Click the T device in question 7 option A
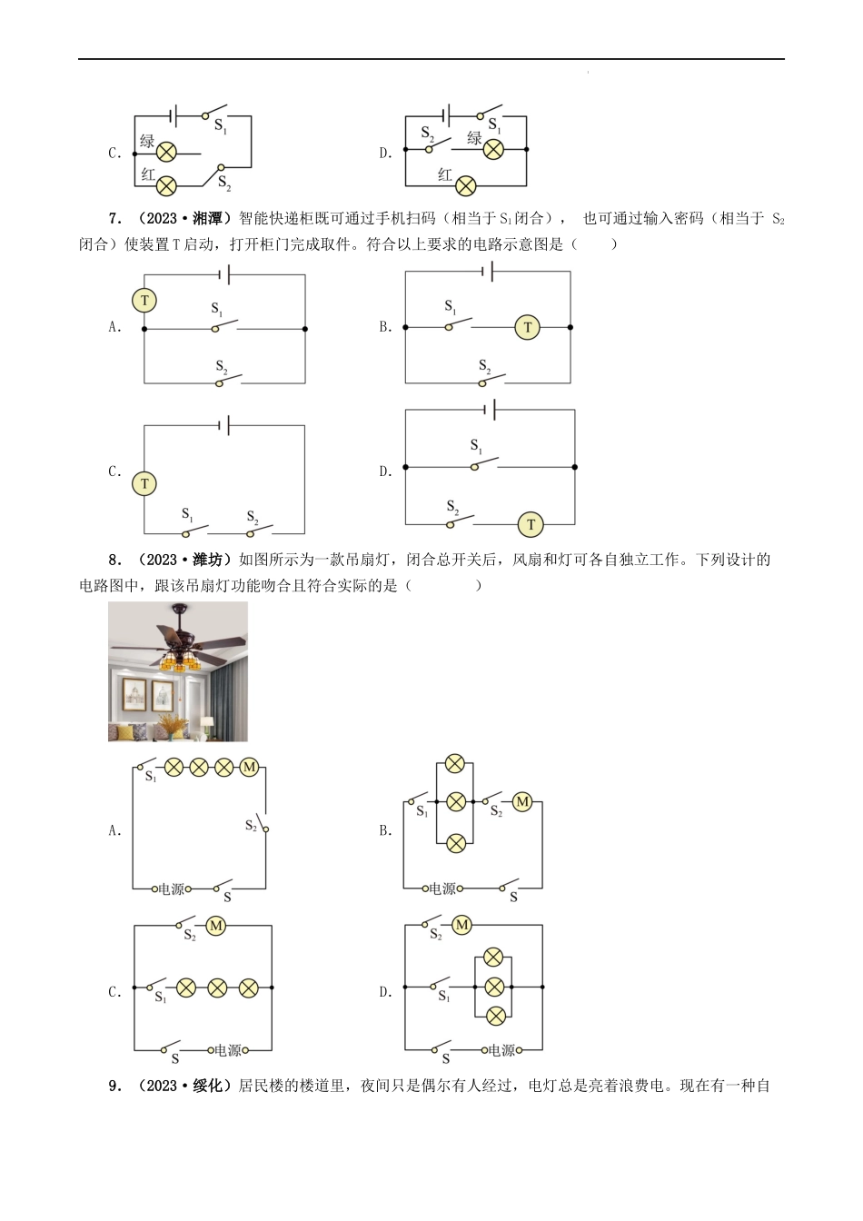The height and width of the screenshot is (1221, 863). point(144,301)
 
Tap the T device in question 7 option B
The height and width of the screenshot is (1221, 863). point(527,327)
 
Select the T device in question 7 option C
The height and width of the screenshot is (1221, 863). point(144,483)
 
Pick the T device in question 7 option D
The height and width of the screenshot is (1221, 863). point(531,524)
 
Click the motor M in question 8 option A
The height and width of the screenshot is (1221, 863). point(249,768)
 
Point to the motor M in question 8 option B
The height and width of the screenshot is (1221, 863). point(522,802)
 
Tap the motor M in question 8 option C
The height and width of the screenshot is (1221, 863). point(216,926)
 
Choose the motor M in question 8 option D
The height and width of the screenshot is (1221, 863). point(461,925)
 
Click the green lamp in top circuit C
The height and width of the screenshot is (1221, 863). point(166,152)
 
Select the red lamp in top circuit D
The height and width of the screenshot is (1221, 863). point(466,186)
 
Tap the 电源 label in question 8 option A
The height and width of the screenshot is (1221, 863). point(171,889)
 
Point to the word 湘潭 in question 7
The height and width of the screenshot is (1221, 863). point(208,218)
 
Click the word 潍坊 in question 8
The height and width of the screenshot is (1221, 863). point(208,560)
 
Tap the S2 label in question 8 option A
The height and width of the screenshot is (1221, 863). point(251,825)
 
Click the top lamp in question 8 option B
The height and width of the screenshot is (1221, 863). point(455,764)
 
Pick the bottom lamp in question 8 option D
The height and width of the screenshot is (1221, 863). point(494,1016)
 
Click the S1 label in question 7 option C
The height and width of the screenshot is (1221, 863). point(187,514)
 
